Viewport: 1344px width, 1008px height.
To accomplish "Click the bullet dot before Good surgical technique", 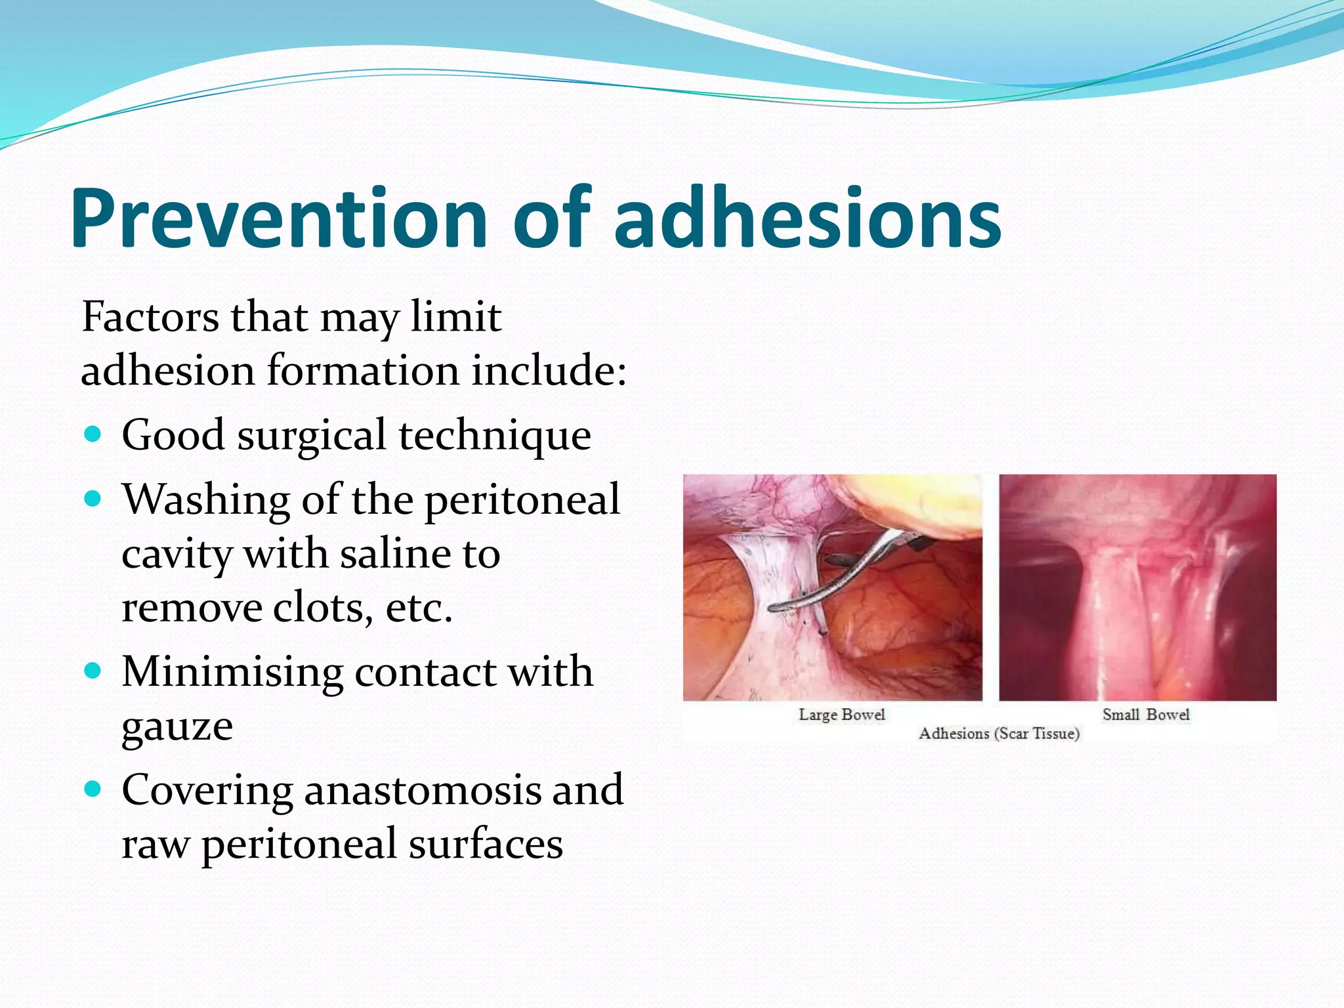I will click(93, 434).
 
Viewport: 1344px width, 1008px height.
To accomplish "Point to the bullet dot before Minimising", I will click(93, 671).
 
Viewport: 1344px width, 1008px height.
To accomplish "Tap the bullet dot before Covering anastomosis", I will click(93, 788).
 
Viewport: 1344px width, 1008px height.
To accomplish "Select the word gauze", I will click(177, 727).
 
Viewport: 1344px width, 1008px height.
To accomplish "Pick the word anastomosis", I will click(423, 789).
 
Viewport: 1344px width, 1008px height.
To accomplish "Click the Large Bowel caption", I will click(841, 714).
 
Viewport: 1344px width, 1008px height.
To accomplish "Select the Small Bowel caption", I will click(1146, 714).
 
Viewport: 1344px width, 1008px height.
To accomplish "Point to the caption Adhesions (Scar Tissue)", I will click(999, 733).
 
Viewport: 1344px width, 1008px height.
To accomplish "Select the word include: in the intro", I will click(549, 371).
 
